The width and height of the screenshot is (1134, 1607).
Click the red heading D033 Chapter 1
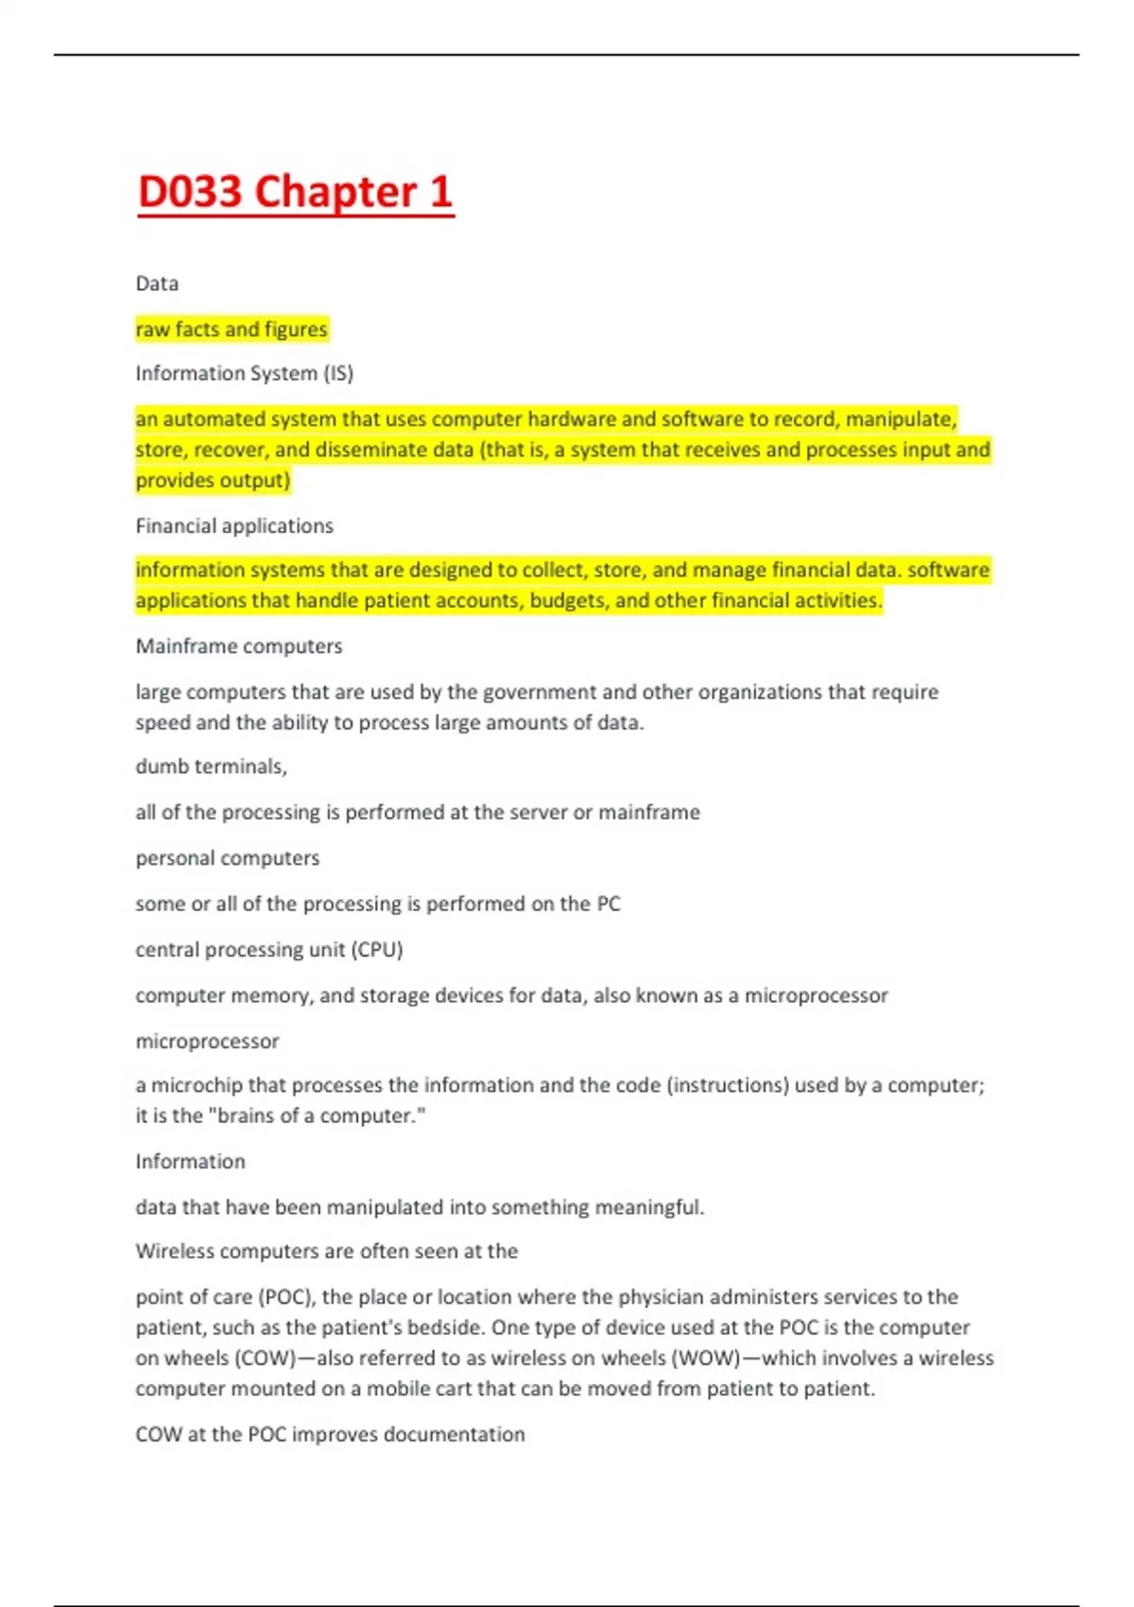coord(295,192)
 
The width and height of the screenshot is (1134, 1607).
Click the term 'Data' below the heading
coord(157,284)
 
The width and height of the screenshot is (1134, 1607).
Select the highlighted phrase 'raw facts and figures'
coord(232,329)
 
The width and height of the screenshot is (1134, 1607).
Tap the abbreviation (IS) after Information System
coord(338,373)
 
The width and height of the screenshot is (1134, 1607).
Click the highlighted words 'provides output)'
coord(213,480)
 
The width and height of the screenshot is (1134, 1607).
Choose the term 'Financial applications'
coord(234,526)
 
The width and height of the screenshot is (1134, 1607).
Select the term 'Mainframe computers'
coord(239,647)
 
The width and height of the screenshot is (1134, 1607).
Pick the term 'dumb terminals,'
coord(212,767)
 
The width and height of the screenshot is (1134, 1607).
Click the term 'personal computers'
coord(228,858)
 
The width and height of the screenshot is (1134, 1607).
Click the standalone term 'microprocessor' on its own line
coord(207,1042)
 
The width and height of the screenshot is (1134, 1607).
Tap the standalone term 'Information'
coord(190,1162)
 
